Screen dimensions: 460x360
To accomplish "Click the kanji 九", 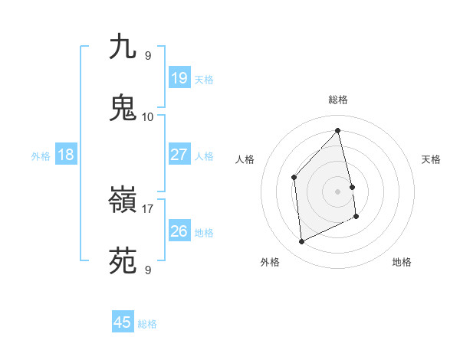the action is (x=123, y=47).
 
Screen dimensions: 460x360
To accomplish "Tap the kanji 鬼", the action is (x=123, y=108).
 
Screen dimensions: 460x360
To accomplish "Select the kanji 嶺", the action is (x=123, y=200).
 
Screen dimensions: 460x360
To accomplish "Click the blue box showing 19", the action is (x=179, y=77).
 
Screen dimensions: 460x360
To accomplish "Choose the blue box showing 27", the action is (x=179, y=155).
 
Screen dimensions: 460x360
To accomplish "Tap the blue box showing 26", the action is (x=179, y=231).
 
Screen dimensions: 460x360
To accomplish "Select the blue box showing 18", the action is (x=66, y=155).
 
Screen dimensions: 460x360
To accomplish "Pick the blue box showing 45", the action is (x=123, y=322).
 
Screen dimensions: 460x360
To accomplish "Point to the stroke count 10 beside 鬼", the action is (x=148, y=116).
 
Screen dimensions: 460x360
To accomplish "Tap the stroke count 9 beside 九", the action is (x=148, y=56).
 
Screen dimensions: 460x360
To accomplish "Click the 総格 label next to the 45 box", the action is (x=147, y=324).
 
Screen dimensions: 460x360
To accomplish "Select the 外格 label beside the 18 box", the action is (x=41, y=155).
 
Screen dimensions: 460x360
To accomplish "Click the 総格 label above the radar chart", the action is (x=338, y=100).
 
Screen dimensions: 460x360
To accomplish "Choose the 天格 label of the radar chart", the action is (x=432, y=159).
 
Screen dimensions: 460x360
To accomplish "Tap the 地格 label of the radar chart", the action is (x=402, y=262).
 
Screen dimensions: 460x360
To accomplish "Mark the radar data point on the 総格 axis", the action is (x=338, y=131).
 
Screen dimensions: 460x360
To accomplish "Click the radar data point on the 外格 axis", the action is (x=302, y=242).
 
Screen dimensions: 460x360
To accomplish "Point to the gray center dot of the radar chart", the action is (x=338, y=191).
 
